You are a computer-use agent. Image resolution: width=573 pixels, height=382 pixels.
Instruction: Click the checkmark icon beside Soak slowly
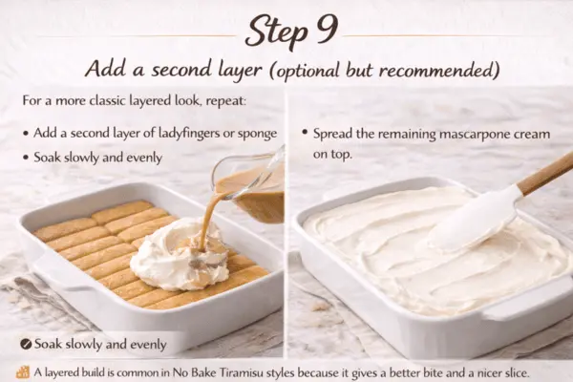coord(22,344)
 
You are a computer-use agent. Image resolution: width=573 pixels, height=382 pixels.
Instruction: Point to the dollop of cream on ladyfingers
coord(178,252)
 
